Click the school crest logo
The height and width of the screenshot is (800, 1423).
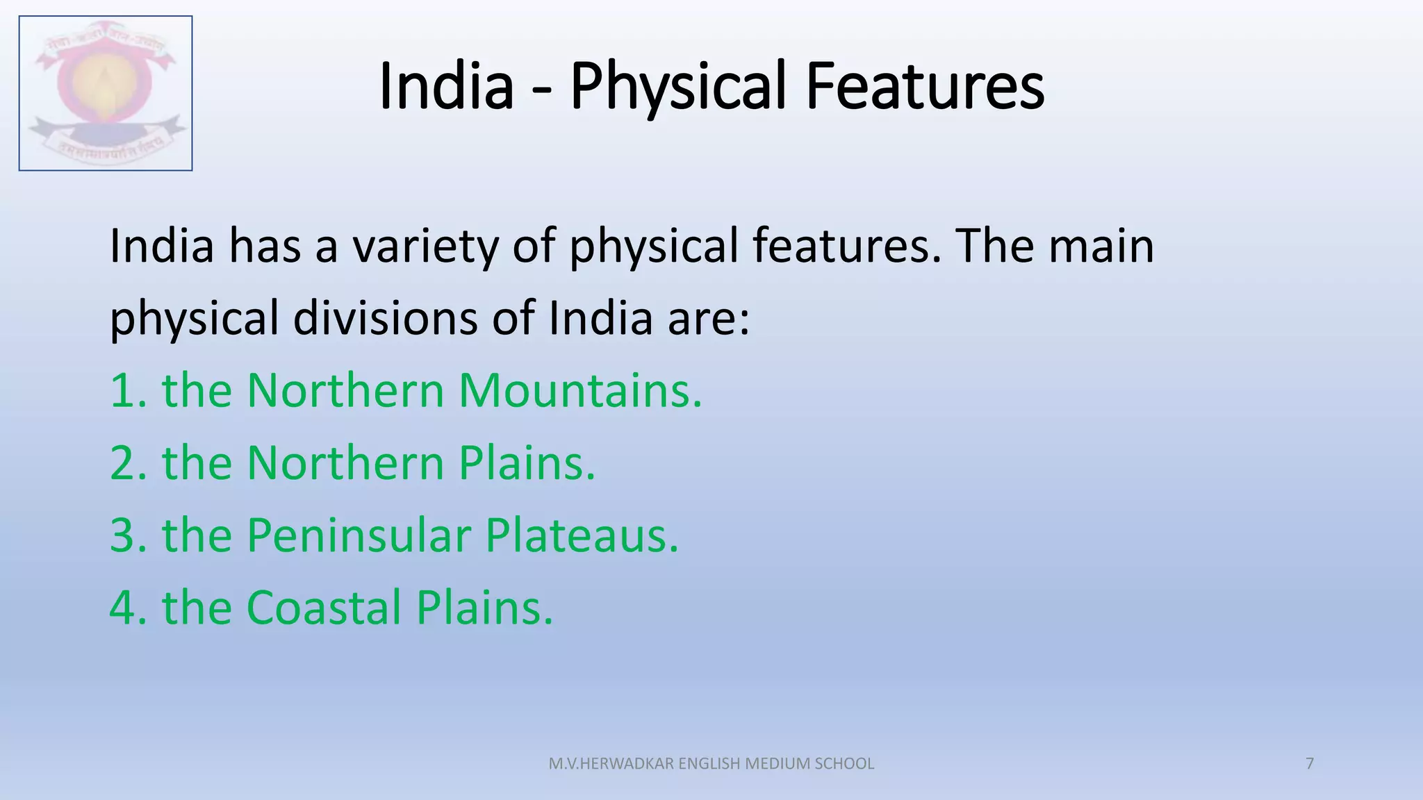[x=106, y=93]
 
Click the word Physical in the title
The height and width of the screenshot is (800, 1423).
[x=677, y=86]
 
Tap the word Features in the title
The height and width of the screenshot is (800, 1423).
[x=924, y=86]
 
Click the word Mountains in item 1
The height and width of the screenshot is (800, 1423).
[x=579, y=390]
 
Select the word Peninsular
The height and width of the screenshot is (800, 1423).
[x=359, y=535]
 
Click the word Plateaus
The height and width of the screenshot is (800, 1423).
[x=581, y=535]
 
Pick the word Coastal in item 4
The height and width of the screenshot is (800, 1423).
[x=324, y=608]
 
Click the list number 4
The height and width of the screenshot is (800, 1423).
[x=123, y=608]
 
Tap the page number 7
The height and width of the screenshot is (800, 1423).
[x=1310, y=764]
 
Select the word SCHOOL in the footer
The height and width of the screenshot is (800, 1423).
[x=844, y=764]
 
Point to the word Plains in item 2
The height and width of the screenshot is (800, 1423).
[x=526, y=463]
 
